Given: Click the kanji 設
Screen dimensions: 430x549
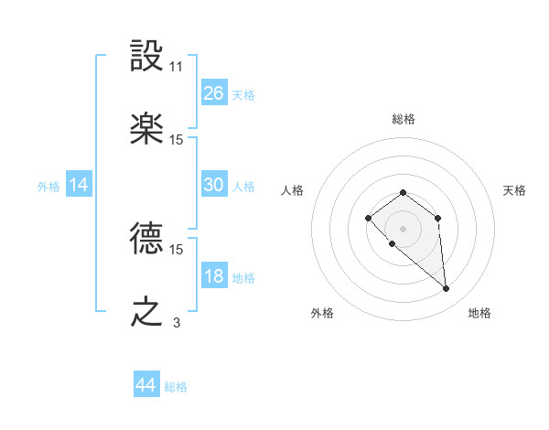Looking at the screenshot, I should click(x=146, y=58).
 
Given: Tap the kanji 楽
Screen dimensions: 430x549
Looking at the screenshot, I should click(x=146, y=129).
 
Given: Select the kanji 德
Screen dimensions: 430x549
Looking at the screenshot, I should click(x=146, y=240).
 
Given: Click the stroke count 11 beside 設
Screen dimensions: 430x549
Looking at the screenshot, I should click(x=177, y=67).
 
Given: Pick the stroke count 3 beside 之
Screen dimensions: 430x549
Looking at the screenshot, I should click(x=177, y=323).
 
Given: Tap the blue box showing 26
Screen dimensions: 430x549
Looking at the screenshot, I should click(x=213, y=93).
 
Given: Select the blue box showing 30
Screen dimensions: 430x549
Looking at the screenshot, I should click(x=213, y=185).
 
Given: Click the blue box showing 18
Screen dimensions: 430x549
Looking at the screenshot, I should click(x=213, y=276).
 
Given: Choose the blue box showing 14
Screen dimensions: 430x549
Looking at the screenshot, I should click(x=79, y=185).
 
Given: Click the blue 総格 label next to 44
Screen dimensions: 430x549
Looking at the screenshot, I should click(x=176, y=387).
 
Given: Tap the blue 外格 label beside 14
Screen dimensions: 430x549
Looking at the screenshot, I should click(x=48, y=186).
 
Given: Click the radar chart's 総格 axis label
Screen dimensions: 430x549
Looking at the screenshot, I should click(x=404, y=119).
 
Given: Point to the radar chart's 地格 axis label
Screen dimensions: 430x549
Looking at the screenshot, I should click(x=479, y=313).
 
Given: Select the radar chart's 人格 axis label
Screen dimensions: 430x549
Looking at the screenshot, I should click(x=293, y=190).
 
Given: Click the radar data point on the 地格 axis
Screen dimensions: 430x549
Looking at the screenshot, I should click(x=447, y=289).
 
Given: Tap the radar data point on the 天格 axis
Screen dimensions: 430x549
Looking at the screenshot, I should click(x=438, y=218).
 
